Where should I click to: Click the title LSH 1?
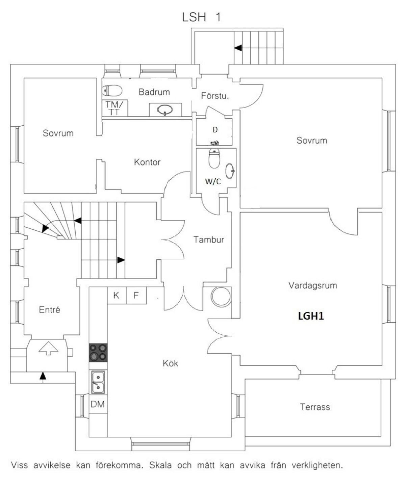point(201,17)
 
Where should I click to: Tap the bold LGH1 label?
point(311,316)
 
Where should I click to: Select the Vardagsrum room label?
point(312,285)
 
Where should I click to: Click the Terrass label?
point(315,407)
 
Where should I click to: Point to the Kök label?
point(170,363)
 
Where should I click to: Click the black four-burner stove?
point(98,352)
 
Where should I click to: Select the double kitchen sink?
point(98,382)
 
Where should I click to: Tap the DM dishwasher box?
point(98,404)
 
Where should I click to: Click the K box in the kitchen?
point(117,296)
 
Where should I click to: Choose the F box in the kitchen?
point(136,296)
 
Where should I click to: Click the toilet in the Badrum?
point(112,91)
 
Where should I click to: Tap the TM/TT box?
point(115,108)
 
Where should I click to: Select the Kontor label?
point(147,162)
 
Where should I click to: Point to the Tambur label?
point(209,240)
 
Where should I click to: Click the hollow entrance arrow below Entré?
point(48,348)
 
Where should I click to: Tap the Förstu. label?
point(215,96)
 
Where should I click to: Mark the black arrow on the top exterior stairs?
point(238,48)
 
